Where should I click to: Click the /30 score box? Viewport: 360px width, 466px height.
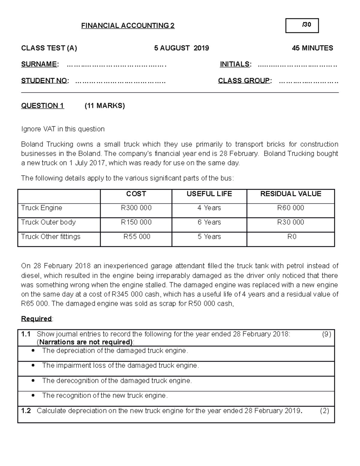[x=302, y=26]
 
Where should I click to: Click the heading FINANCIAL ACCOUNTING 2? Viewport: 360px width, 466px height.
[x=128, y=26]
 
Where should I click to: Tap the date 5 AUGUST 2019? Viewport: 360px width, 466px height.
[x=181, y=48]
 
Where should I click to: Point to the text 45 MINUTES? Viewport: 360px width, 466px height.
[x=312, y=48]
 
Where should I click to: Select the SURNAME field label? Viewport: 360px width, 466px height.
[x=39, y=64]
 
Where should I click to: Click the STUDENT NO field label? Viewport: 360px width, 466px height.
[x=45, y=81]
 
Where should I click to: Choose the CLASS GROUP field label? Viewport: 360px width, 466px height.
[x=244, y=81]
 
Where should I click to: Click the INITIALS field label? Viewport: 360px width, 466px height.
[x=235, y=64]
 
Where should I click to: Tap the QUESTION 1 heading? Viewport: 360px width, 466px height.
[x=43, y=106]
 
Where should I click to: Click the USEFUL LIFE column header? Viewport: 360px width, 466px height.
[x=209, y=194]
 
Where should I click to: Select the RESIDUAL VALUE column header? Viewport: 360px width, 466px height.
[x=290, y=194]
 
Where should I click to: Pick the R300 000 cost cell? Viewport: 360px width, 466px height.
[x=136, y=208]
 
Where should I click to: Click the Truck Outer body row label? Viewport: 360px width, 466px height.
[x=48, y=222]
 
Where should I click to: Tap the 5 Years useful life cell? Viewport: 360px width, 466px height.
[x=209, y=237]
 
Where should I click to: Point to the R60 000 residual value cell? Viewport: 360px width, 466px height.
[x=290, y=208]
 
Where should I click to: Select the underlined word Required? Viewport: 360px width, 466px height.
[x=36, y=319]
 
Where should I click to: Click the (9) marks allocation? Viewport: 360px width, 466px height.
[x=326, y=334]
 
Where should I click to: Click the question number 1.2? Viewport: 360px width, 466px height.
[x=26, y=411]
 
